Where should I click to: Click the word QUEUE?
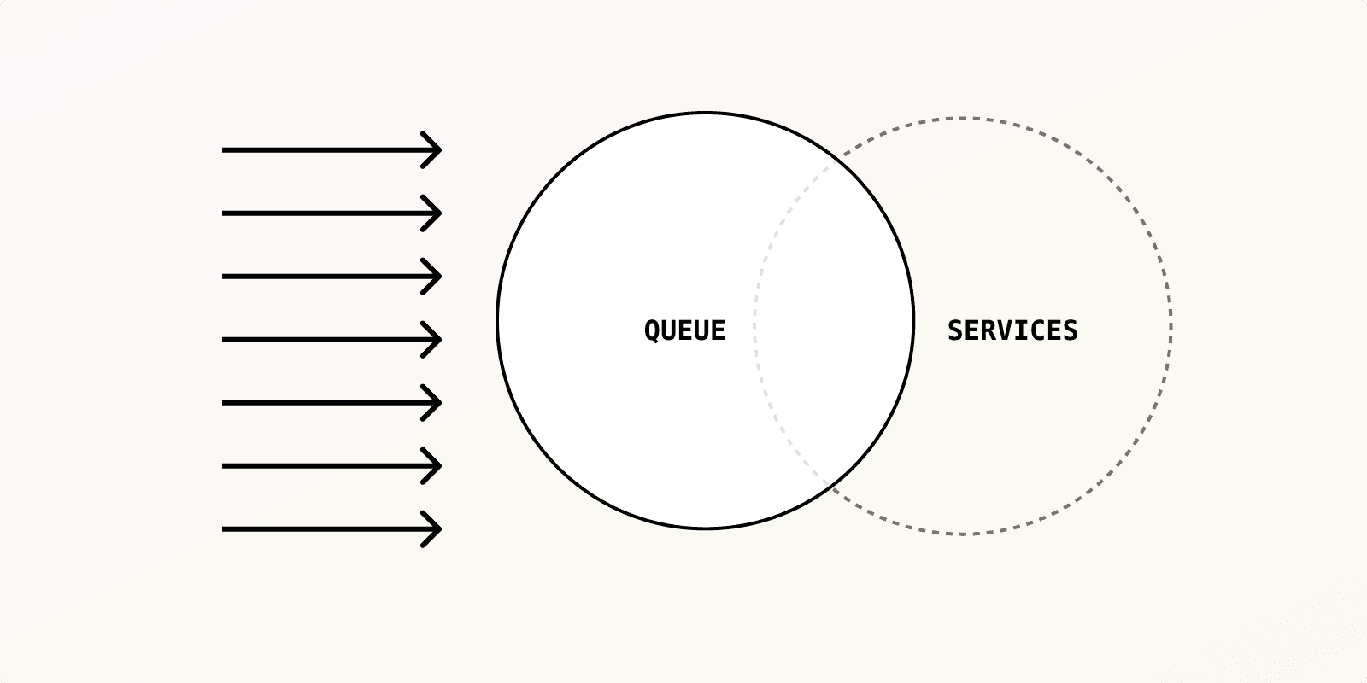[x=684, y=330]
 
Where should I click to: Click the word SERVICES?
[x=1012, y=330]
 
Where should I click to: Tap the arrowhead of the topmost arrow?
[x=439, y=150]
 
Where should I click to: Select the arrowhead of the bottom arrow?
[x=439, y=529]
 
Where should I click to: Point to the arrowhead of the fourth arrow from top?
[x=439, y=340]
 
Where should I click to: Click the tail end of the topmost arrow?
[x=224, y=150]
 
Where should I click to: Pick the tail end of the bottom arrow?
[x=224, y=529]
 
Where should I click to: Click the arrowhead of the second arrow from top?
[x=439, y=213]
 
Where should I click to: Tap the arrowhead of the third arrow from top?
[x=439, y=277]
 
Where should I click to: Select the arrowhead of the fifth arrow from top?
[x=439, y=402]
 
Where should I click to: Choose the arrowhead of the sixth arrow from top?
[x=439, y=466]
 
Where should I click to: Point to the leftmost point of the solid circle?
[x=497, y=321]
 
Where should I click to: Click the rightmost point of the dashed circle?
[x=1170, y=326]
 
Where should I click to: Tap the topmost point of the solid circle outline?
[x=706, y=113]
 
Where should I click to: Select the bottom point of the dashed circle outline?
[x=962, y=534]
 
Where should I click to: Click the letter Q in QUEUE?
[x=651, y=330]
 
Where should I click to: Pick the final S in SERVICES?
[x=1070, y=330]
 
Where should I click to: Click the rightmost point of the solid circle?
[x=913, y=321]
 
